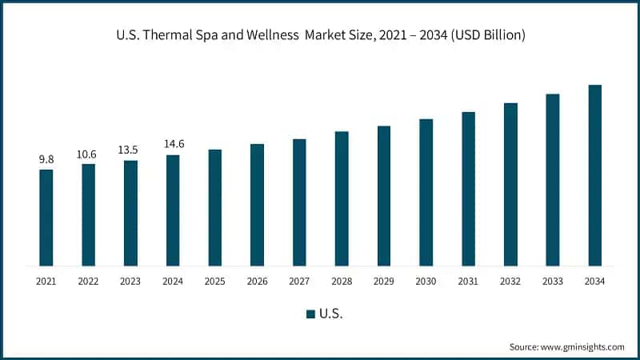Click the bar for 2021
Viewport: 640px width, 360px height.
point(46,217)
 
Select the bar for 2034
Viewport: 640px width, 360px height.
point(594,175)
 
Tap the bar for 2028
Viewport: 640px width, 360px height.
point(342,198)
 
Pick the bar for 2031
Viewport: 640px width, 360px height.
point(468,188)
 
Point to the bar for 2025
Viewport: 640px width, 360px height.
point(215,207)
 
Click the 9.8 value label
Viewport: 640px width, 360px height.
point(46,160)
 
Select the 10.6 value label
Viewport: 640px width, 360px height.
point(88,154)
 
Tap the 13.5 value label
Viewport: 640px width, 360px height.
point(130,150)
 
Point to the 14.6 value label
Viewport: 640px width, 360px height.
point(173,145)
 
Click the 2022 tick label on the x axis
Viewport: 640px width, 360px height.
point(88,281)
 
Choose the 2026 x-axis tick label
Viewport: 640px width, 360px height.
point(257,281)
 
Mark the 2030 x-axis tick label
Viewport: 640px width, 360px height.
point(426,281)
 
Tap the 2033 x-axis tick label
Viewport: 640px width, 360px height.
point(552,281)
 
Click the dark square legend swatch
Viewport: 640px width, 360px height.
point(310,314)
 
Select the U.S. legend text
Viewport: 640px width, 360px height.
point(331,314)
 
